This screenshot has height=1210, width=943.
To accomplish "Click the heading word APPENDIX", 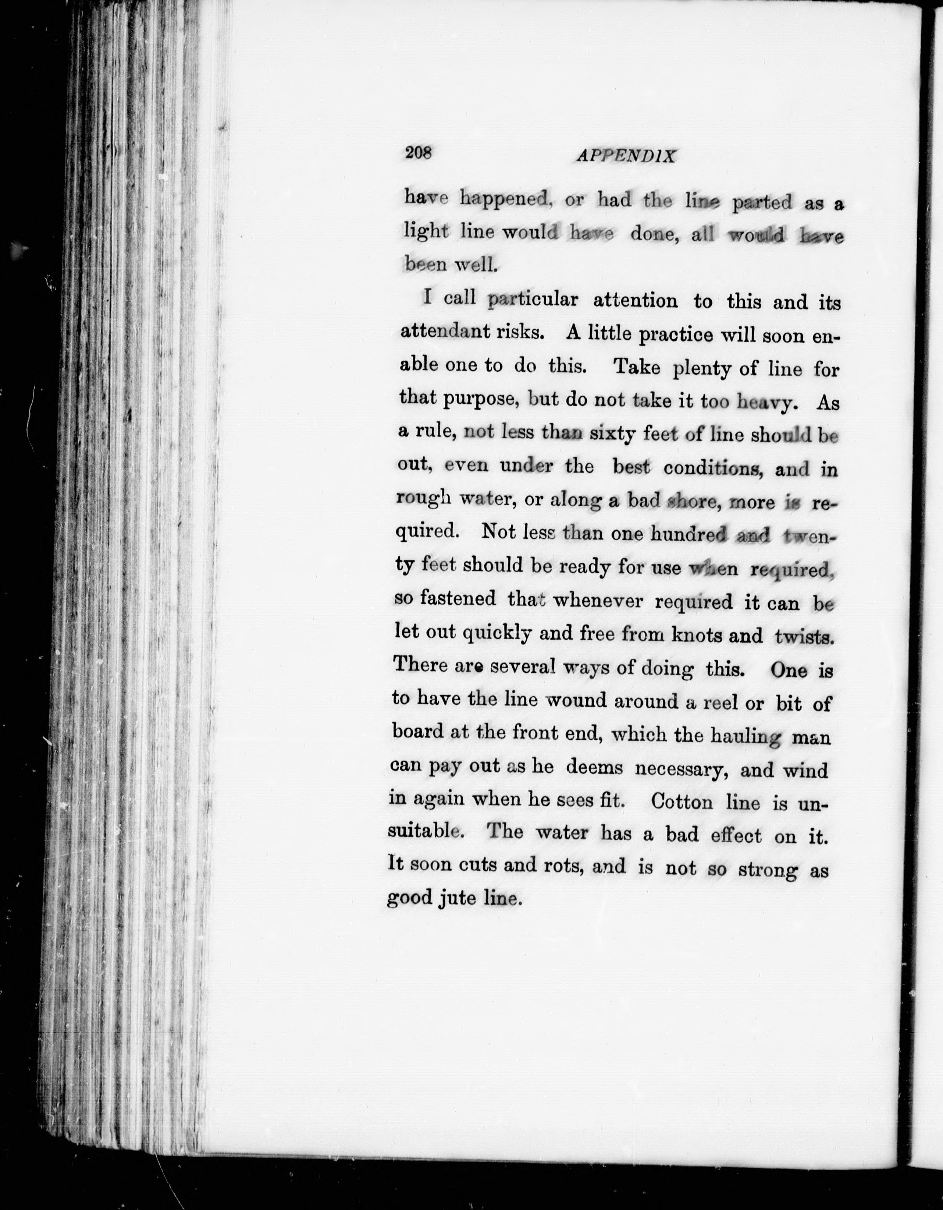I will point(626,156).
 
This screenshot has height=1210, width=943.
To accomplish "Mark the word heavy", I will point(768,403).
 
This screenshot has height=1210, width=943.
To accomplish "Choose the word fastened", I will point(458,598).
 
